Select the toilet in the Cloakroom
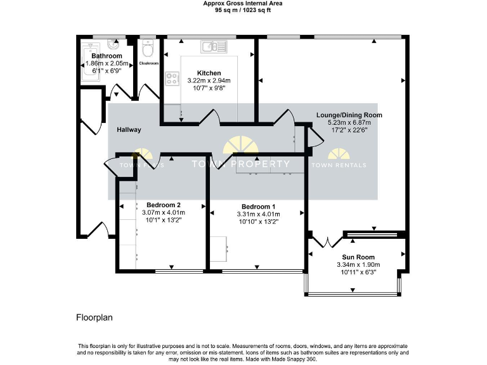(148, 48)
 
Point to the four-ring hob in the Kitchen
(172, 79)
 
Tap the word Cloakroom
(148, 63)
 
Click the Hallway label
(129, 130)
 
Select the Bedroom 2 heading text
(164, 205)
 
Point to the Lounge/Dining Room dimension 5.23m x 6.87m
(346, 122)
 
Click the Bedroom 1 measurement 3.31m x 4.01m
(258, 214)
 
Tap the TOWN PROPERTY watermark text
(240, 164)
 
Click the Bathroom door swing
(119, 93)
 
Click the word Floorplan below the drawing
(94, 316)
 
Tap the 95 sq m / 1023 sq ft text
(243, 10)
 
